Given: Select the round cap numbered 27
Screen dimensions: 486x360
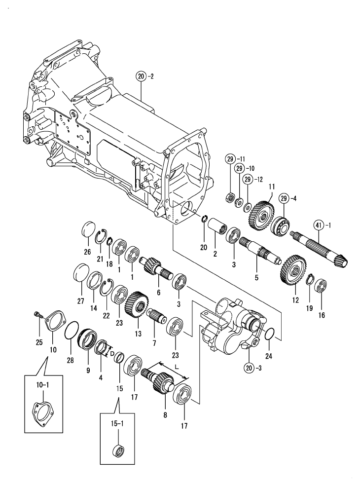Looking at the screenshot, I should pyautogui.click(x=80, y=273).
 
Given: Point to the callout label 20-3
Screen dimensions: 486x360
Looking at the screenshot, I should pyautogui.click(x=252, y=367).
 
